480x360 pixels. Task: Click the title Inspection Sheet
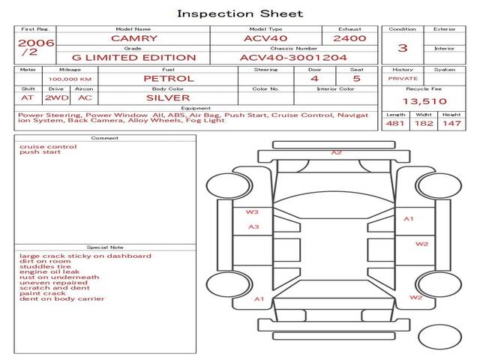[x=240, y=13]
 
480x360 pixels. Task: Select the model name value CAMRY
[x=134, y=38]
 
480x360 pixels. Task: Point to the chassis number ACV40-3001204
[x=293, y=58]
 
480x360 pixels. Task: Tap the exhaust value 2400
[x=349, y=38]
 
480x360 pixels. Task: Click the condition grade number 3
[x=403, y=48]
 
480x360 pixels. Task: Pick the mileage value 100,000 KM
[x=70, y=79]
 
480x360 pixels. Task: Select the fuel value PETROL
[x=169, y=79]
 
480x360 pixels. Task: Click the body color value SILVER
[x=168, y=98]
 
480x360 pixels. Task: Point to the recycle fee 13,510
[x=424, y=101]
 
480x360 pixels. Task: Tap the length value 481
[x=395, y=123]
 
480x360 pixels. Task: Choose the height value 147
[x=451, y=123]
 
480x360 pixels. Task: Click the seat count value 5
[x=357, y=79]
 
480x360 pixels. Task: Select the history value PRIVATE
[x=403, y=79]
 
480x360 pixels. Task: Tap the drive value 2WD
[x=57, y=98]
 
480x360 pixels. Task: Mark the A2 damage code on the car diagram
[x=337, y=152]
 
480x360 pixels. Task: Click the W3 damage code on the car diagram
[x=252, y=211]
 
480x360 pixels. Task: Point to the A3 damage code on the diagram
[x=253, y=226]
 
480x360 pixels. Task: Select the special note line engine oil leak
[x=49, y=271]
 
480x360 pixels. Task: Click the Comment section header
[x=105, y=138]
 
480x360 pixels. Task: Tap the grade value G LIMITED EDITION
[x=133, y=58]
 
